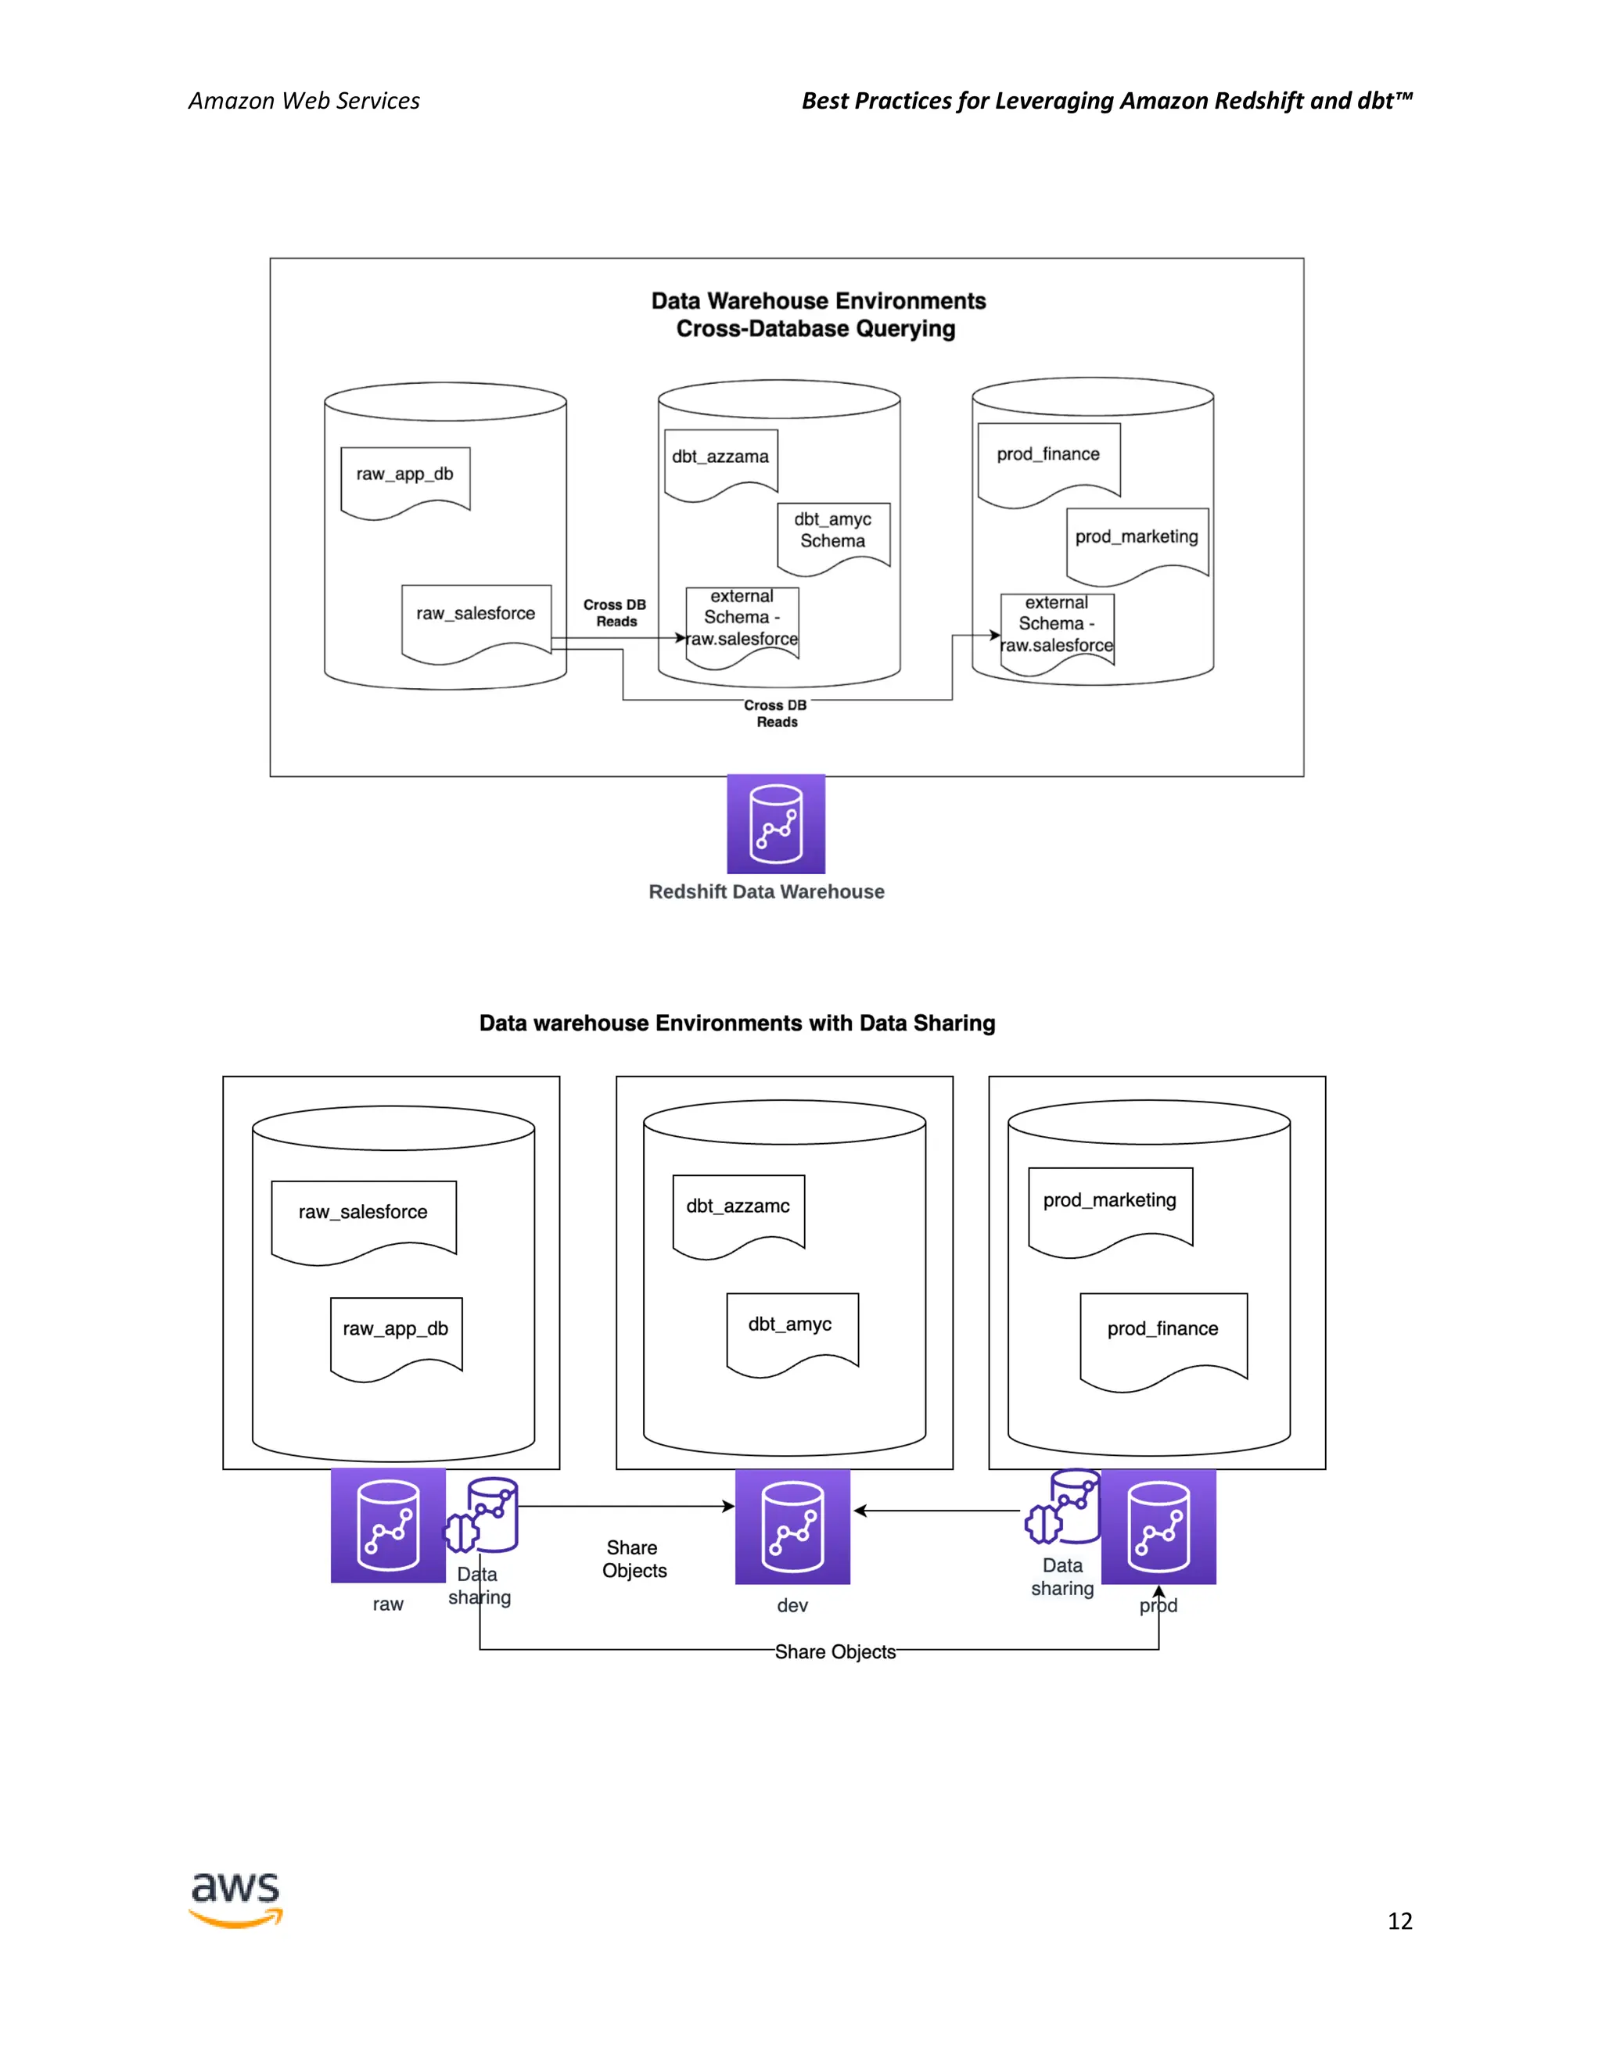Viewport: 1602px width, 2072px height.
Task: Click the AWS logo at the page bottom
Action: tap(235, 1899)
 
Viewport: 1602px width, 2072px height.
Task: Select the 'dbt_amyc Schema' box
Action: tap(833, 534)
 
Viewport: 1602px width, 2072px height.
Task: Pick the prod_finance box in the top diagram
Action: tap(1049, 459)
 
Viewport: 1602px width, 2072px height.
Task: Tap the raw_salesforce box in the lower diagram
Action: tap(364, 1217)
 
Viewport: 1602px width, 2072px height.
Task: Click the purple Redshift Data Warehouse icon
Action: tap(775, 823)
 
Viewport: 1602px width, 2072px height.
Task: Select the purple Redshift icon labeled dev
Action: tap(792, 1526)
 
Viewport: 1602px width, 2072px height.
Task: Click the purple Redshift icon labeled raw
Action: tap(388, 1525)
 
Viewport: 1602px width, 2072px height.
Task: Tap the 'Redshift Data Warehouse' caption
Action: tap(766, 892)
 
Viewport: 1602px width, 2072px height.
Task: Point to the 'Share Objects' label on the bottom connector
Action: tap(835, 1651)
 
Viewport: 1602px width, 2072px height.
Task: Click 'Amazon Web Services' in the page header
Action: tap(304, 101)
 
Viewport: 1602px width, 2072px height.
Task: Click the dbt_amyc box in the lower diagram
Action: tap(792, 1329)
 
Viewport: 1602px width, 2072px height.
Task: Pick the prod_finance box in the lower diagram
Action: tap(1162, 1334)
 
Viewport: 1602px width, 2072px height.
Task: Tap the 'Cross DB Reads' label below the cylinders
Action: tap(775, 713)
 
